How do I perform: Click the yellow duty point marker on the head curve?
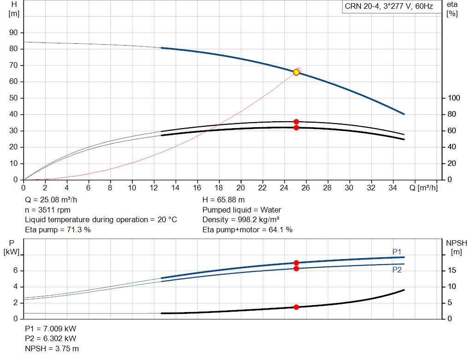296,72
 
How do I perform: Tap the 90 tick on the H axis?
13,33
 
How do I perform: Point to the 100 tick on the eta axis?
454,98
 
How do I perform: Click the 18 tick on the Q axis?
219,188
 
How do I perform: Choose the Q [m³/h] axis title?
424,188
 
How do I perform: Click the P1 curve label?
397,252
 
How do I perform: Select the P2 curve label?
397,270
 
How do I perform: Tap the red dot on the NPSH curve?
296,307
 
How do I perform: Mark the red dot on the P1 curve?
296,263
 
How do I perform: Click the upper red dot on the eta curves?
296,122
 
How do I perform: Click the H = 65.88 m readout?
224,200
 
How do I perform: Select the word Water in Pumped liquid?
271,210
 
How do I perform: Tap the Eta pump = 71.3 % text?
58,230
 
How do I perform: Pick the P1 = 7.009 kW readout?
51,329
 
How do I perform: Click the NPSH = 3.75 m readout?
52,348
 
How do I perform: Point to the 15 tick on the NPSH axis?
452,270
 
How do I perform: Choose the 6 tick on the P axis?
15,270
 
